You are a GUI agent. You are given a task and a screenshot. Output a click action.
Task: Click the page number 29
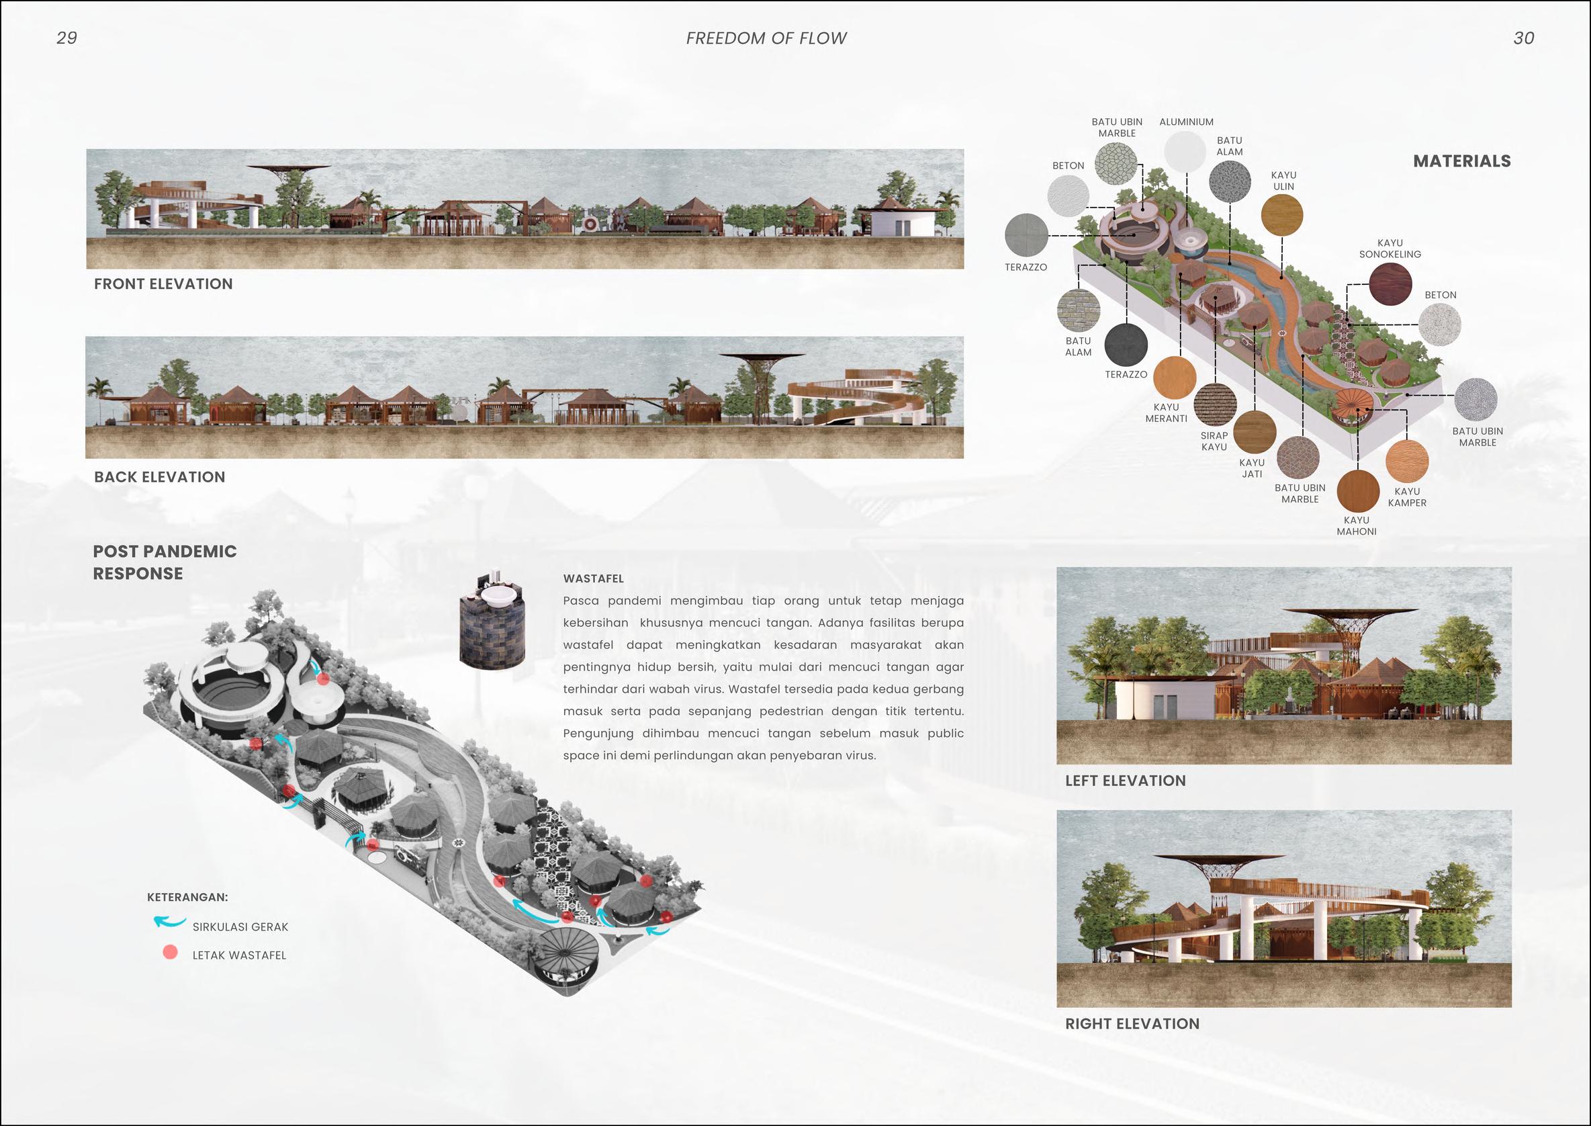click(66, 38)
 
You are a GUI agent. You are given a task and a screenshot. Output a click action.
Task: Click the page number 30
click(1524, 38)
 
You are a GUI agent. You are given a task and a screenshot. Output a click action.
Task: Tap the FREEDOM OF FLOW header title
click(766, 38)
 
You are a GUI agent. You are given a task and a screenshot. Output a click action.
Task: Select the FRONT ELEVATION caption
click(164, 284)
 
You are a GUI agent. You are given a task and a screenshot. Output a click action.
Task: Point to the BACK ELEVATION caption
click(159, 477)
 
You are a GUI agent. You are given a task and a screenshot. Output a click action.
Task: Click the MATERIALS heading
click(1462, 161)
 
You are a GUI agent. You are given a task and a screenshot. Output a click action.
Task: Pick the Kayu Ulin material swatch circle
click(1282, 215)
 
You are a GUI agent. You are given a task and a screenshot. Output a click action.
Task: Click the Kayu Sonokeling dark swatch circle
click(1390, 284)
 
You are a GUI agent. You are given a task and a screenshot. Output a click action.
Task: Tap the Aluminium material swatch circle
click(1185, 151)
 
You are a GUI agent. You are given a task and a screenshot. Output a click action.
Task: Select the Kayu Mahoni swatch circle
click(1357, 491)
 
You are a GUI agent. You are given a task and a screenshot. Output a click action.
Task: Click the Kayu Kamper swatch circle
click(1407, 461)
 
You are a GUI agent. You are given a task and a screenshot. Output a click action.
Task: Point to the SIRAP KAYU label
click(1214, 441)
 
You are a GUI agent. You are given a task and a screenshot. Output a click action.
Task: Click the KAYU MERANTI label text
click(1167, 413)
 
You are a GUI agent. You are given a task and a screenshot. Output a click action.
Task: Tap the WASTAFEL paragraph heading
click(593, 578)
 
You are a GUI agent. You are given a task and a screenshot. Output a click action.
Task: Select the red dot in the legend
click(170, 953)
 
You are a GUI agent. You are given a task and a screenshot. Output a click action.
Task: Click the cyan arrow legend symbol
click(169, 923)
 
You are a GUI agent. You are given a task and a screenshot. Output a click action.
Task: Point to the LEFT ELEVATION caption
click(1126, 781)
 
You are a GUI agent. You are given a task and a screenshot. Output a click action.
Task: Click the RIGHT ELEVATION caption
click(1132, 1023)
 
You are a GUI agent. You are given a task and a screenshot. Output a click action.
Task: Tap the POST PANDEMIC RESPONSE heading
click(165, 562)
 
